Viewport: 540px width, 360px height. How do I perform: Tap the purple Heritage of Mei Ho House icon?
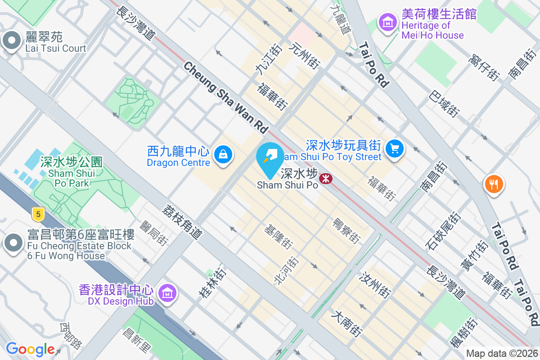tap(387, 21)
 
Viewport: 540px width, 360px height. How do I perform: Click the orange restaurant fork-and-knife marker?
tap(494, 184)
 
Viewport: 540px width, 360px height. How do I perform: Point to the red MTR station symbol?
tap(325, 179)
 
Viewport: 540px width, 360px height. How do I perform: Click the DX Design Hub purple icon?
tap(167, 293)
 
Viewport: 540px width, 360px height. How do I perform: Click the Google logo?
tap(30, 349)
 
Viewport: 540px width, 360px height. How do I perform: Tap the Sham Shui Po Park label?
tap(71, 172)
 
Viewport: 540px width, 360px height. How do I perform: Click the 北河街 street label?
tap(286, 270)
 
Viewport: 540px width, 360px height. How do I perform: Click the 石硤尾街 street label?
tap(443, 231)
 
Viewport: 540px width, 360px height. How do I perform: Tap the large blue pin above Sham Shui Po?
tap(270, 159)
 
